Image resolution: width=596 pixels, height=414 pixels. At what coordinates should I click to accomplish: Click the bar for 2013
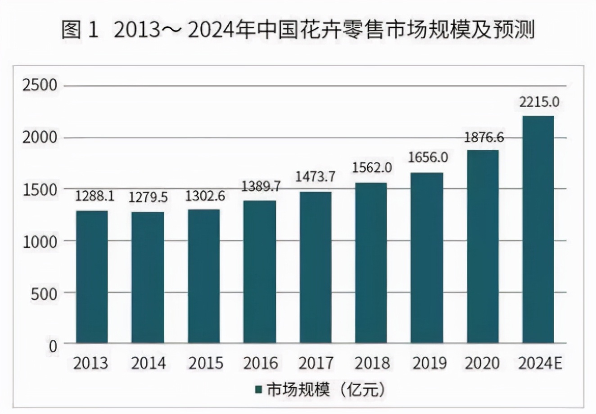92,277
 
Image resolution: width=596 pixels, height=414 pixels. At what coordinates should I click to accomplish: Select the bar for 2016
259,272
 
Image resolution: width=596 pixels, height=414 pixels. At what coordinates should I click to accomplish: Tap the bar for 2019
427,258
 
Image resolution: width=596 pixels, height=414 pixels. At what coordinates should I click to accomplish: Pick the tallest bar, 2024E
538,229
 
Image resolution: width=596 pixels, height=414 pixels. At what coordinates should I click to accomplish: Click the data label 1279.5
148,197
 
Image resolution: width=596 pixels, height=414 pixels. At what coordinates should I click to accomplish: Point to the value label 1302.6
205,196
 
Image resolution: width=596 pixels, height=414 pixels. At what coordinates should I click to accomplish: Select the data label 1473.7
315,177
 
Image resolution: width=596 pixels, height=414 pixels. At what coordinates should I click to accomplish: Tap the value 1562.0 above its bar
372,168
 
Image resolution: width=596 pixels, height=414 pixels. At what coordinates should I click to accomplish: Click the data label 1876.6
484,137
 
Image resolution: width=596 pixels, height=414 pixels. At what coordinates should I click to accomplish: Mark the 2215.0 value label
539,102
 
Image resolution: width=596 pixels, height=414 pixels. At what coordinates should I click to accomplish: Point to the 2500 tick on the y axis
40,85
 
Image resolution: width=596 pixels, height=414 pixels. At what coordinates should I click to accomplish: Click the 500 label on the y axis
44,293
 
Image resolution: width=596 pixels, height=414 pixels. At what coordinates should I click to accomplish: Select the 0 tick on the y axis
53,346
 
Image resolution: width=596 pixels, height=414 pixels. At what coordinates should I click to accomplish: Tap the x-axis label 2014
148,363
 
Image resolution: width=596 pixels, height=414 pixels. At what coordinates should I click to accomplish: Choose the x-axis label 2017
316,363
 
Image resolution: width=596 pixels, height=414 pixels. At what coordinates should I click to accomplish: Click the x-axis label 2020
483,363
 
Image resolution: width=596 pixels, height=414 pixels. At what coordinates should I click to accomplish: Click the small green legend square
258,389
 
